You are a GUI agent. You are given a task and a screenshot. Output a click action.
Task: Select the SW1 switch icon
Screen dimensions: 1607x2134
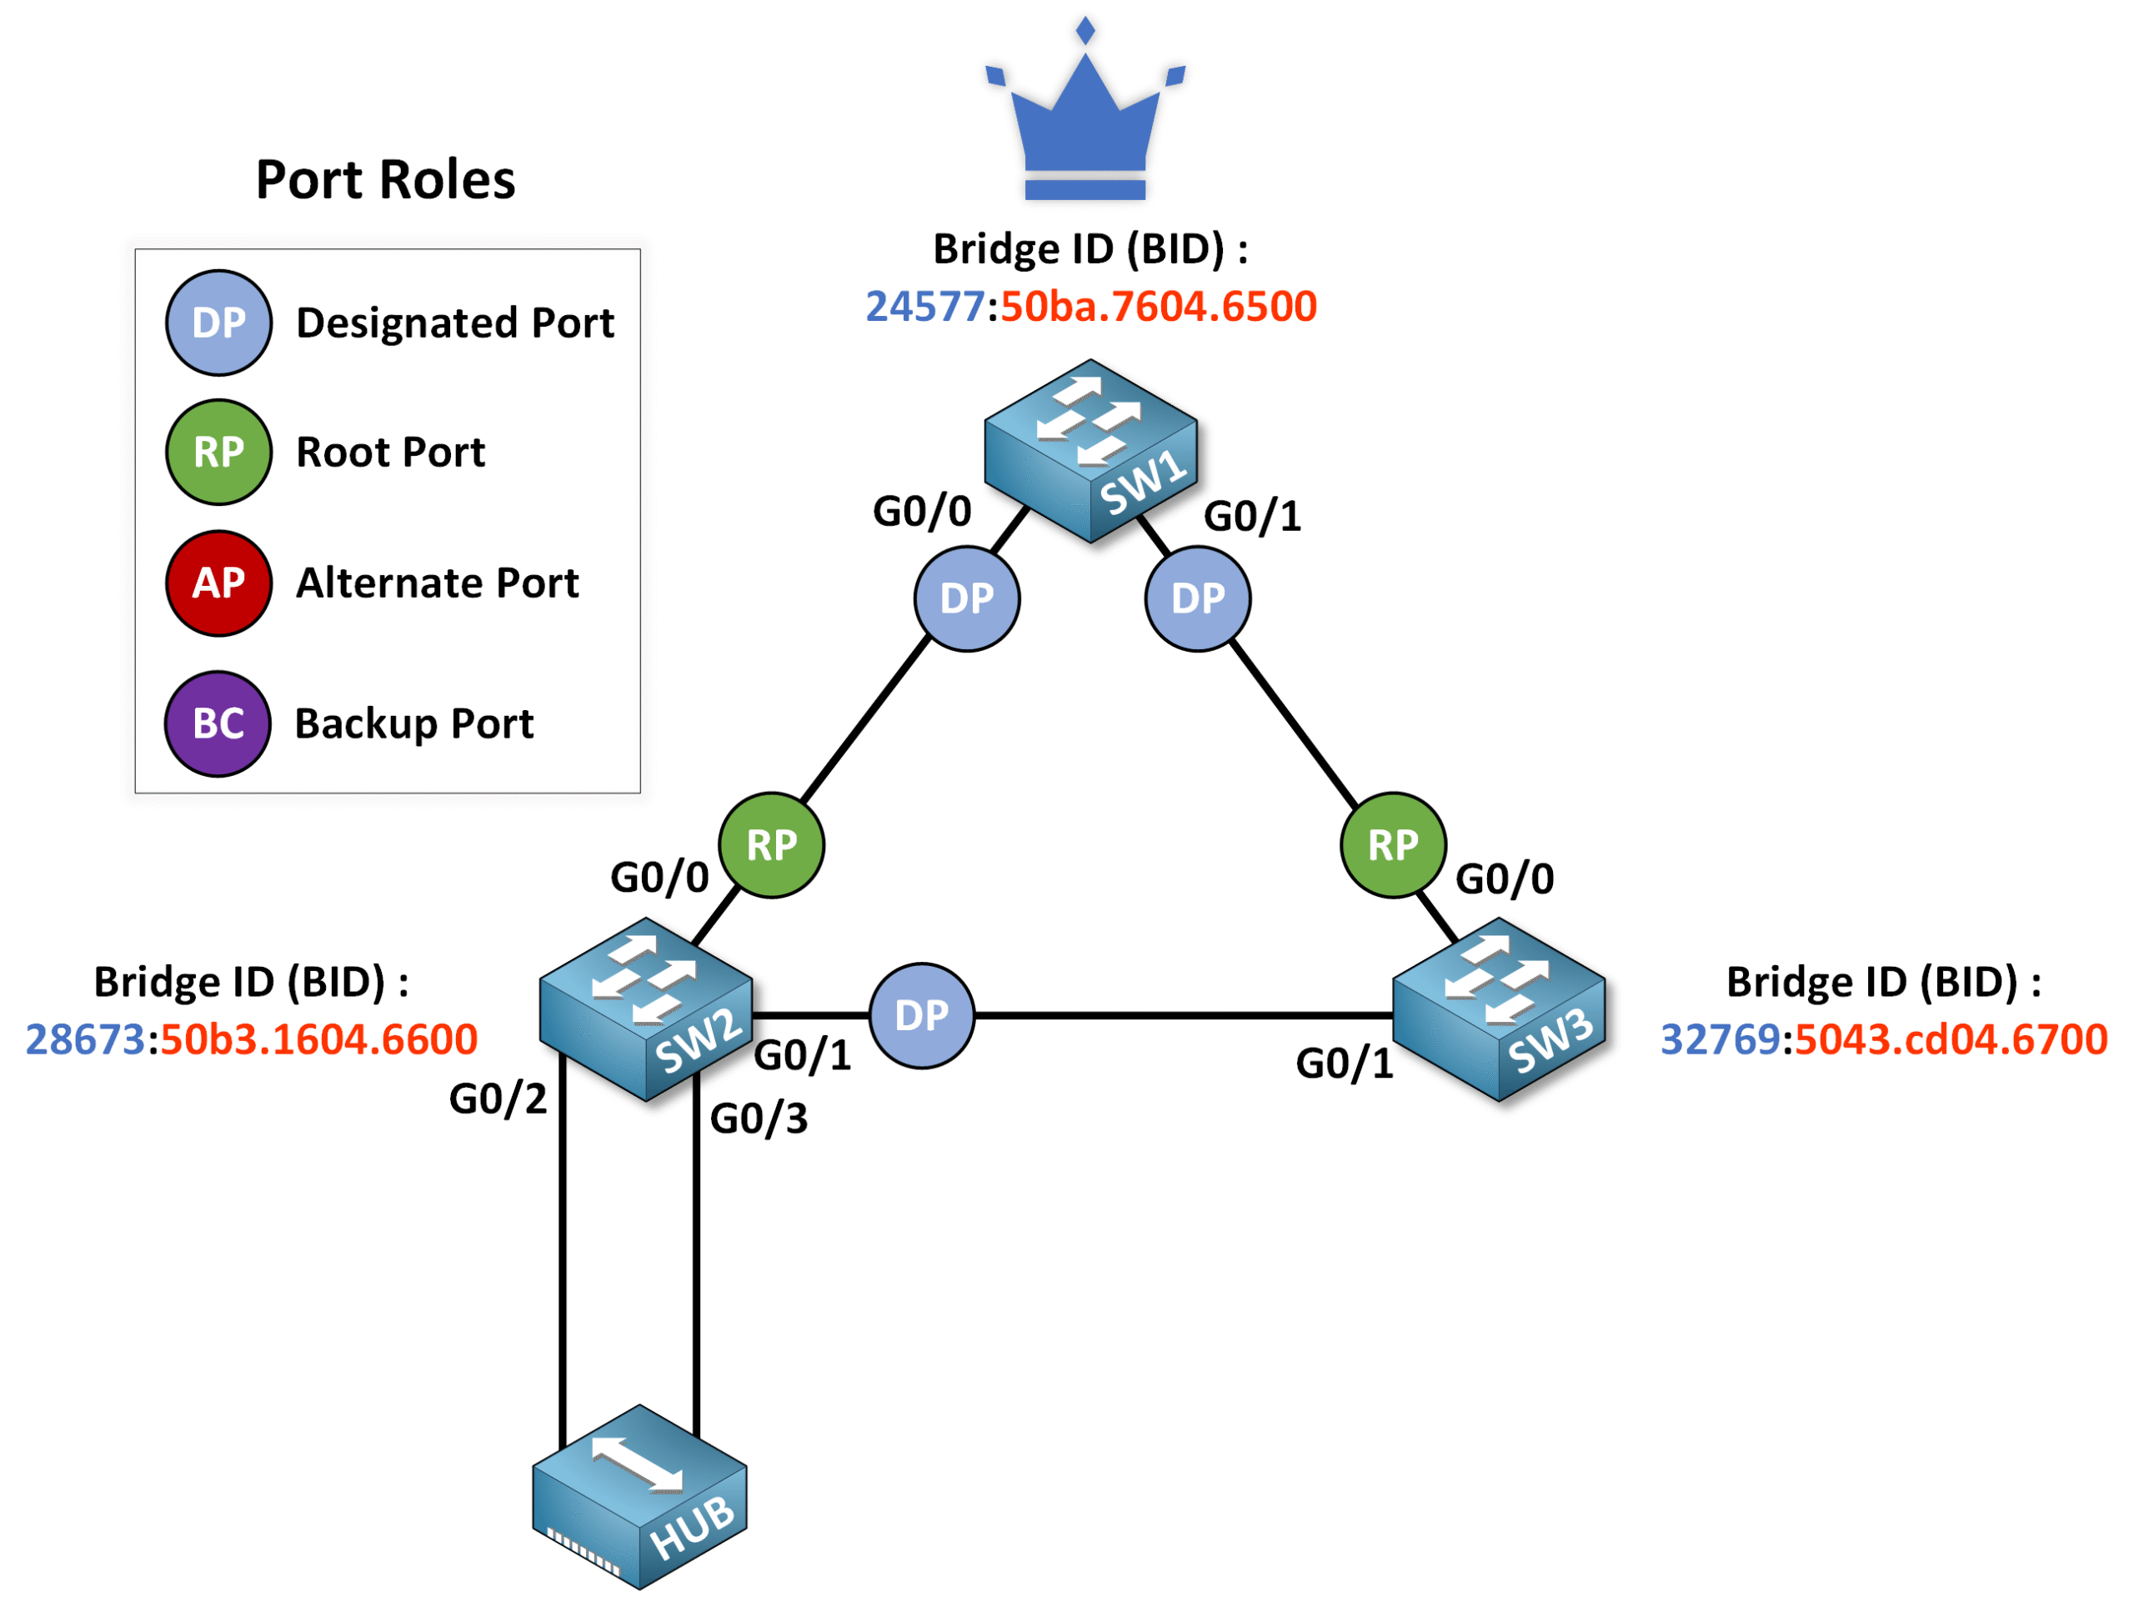tap(1090, 449)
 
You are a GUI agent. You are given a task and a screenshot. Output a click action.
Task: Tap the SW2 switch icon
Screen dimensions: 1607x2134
tap(645, 1009)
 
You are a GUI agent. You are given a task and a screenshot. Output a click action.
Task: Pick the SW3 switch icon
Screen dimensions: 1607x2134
tap(1498, 1009)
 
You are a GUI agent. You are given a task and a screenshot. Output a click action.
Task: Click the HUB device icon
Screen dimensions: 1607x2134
tap(639, 1496)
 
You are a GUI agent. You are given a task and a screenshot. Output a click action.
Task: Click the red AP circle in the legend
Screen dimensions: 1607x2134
tap(219, 583)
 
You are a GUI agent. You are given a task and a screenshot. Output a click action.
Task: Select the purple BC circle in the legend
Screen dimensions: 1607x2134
tap(218, 723)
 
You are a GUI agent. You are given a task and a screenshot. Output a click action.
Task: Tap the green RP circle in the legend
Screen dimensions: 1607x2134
tap(219, 452)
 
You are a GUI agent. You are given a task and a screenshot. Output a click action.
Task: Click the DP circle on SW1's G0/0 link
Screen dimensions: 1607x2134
tap(967, 599)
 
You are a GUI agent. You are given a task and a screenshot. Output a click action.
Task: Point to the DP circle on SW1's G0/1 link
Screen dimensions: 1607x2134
tap(1197, 599)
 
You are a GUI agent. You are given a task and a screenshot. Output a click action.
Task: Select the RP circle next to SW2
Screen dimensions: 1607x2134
tap(772, 845)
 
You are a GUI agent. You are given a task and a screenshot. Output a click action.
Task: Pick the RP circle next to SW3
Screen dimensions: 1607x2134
tap(1393, 845)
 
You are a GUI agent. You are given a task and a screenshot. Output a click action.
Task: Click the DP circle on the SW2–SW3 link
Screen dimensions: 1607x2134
tap(921, 1014)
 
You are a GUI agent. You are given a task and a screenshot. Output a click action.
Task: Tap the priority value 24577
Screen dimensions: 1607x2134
tap(924, 306)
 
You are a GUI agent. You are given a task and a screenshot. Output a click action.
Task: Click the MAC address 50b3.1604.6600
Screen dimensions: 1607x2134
tap(318, 1039)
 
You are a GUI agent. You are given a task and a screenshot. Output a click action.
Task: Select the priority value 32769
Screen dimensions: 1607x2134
tap(1719, 1039)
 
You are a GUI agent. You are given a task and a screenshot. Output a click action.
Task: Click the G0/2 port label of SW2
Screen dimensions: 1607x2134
tap(498, 1099)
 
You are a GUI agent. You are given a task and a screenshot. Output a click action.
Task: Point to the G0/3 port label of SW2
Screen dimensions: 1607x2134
tap(759, 1118)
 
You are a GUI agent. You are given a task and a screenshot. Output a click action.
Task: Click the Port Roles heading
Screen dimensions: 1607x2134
tap(385, 179)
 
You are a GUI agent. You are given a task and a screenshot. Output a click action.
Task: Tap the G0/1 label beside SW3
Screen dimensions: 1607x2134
tap(1344, 1063)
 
